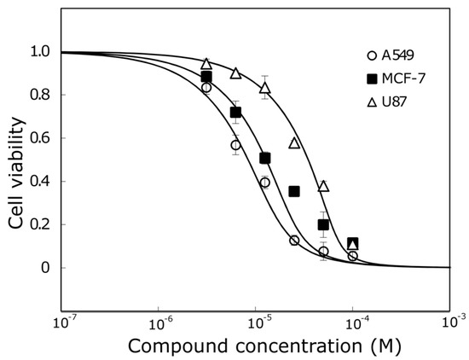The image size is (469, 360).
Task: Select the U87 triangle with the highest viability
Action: coord(206,64)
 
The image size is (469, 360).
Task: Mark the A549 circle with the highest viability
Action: coord(206,88)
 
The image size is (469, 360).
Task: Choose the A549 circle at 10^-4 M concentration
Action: coord(353,256)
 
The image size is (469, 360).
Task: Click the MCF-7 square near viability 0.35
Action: coord(294,191)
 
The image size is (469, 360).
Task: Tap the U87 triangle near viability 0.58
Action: coord(294,143)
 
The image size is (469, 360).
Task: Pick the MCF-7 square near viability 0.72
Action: coord(236,113)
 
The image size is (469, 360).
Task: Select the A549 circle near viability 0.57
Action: coord(236,145)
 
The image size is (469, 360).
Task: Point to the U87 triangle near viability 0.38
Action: coord(323,186)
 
